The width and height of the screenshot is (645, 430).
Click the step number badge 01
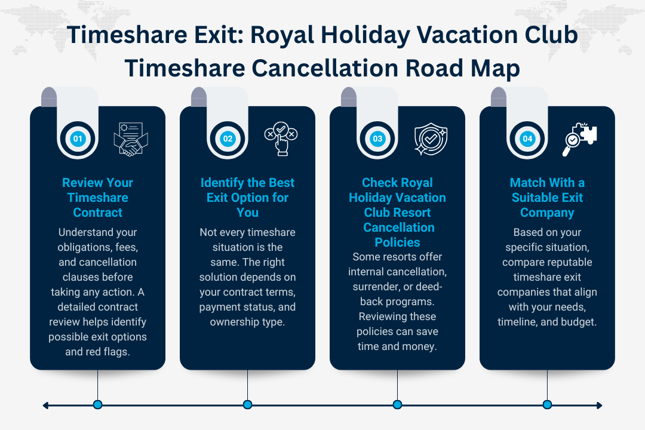78,139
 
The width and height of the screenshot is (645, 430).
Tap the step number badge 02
228,139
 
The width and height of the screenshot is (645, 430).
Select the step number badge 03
377,139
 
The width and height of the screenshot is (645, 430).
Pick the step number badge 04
527,139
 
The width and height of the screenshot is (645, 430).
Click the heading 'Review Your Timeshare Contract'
98,198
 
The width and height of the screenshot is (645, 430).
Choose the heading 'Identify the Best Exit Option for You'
247,198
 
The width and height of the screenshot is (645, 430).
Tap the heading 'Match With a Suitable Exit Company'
547,198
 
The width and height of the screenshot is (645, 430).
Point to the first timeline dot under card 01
98,405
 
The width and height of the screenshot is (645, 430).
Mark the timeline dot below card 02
247,405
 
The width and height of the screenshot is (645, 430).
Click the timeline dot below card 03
397,405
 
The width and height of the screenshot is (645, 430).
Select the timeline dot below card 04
547,405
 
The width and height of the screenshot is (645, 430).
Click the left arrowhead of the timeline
45,406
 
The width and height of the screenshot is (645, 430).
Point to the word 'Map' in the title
493,69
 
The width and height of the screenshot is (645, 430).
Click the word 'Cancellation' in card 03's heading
399,228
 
